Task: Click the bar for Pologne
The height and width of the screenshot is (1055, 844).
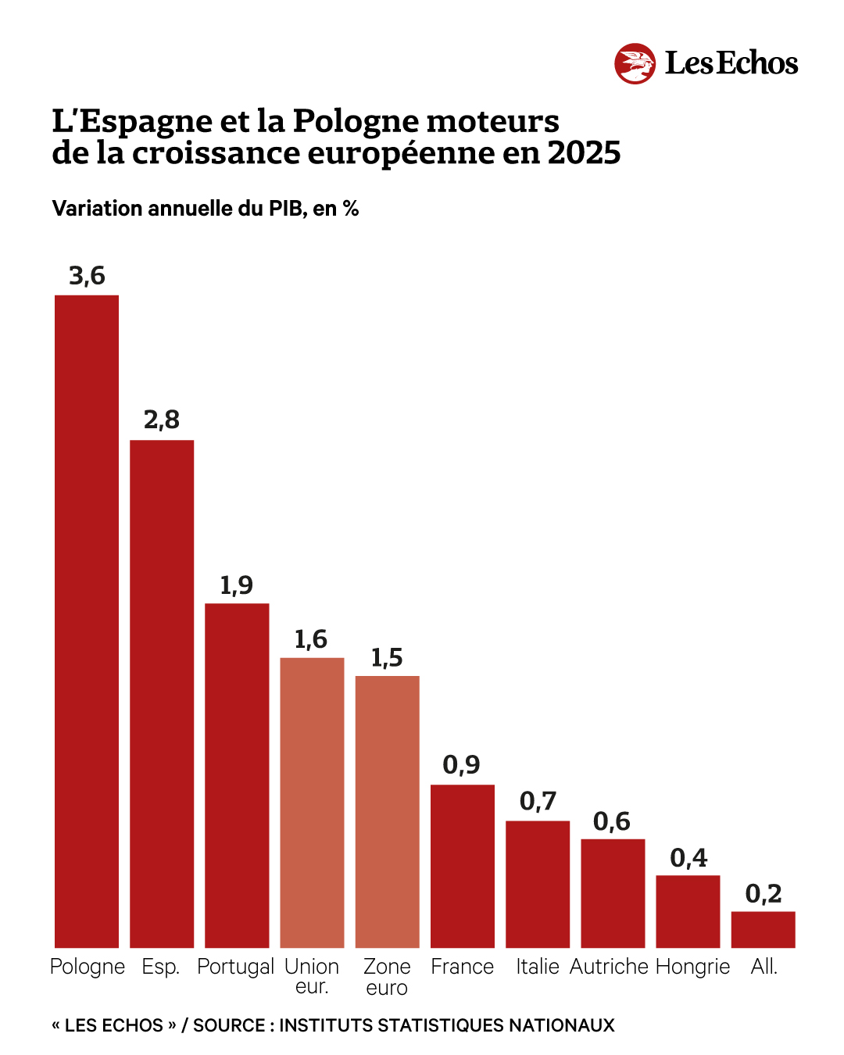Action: click(87, 621)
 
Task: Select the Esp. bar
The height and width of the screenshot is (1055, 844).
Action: click(162, 694)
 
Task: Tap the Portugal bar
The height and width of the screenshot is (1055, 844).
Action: click(237, 775)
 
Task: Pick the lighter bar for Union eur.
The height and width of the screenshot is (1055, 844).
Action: click(312, 803)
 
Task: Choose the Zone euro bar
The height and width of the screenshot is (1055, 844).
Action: click(387, 812)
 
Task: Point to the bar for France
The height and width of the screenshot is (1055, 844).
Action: click(463, 866)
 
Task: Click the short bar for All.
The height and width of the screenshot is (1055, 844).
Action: click(764, 930)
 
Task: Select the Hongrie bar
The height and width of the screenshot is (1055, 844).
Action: click(688, 911)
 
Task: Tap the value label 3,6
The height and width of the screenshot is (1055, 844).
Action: click(87, 276)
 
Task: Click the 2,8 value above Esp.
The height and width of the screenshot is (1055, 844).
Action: click(162, 420)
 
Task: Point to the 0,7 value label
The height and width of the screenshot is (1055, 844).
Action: click(538, 801)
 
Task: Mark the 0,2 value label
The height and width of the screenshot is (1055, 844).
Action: click(764, 893)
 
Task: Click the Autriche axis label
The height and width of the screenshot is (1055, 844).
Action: click(609, 967)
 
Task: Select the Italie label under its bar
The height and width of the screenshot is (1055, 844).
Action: click(538, 967)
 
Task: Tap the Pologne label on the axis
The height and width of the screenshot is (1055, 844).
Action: click(87, 967)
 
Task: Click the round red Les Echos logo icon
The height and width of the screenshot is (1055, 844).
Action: click(635, 63)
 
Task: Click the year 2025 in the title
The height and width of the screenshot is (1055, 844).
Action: click(584, 153)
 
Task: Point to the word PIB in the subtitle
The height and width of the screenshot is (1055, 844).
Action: click(287, 209)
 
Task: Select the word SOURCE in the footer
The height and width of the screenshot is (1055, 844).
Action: click(229, 1025)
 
